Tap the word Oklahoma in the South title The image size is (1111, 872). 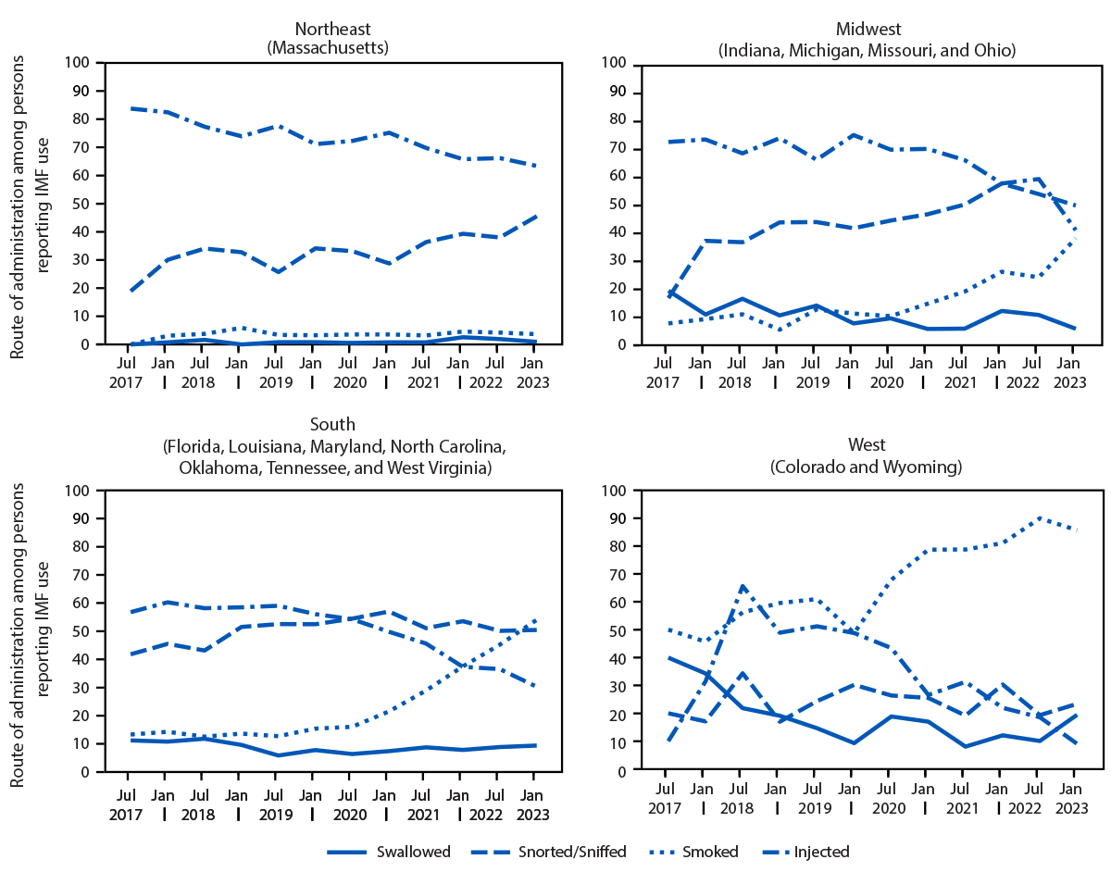tap(218, 467)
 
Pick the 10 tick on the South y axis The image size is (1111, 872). tap(90, 743)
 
